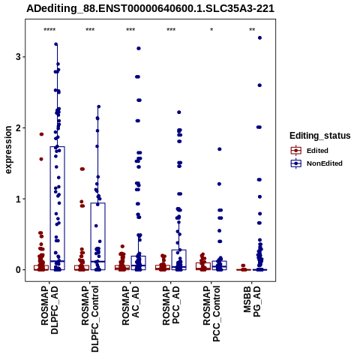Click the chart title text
pyautogui.click(x=151, y=8)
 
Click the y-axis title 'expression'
pyautogui.click(x=8, y=150)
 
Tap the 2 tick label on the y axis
pyautogui.click(x=18, y=127)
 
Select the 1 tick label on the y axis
pyautogui.click(x=18, y=199)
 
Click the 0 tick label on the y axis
pyautogui.click(x=18, y=270)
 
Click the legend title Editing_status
pyautogui.click(x=320, y=136)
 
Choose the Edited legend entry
pyautogui.click(x=317, y=151)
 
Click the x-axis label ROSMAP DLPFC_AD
pyautogui.click(x=49, y=310)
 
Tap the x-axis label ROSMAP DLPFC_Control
pyautogui.click(x=90, y=319)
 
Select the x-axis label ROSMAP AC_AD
pyautogui.click(x=130, y=305)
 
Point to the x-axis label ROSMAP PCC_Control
pyautogui.click(x=211, y=313)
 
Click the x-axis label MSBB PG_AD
pyautogui.click(x=252, y=301)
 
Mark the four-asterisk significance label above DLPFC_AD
pyautogui.click(x=49, y=30)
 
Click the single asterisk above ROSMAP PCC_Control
pyautogui.click(x=211, y=30)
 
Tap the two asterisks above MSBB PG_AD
pyautogui.click(x=252, y=30)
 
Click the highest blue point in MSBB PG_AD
pyautogui.click(x=259, y=38)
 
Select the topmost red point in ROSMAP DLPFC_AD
pyautogui.click(x=41, y=134)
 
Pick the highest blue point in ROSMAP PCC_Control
pyautogui.click(x=220, y=149)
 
